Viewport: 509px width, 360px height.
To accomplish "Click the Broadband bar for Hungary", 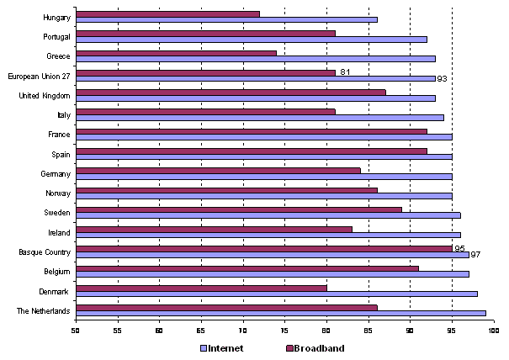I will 168,13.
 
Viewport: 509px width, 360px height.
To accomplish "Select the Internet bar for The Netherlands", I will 281,313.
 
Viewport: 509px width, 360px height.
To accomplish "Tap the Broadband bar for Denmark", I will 202,288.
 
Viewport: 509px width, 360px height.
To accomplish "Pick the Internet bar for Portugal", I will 252,39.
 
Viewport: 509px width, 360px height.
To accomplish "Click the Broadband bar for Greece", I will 177,53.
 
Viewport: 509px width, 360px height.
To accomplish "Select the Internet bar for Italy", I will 260,117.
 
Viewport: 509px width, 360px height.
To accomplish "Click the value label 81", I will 345,71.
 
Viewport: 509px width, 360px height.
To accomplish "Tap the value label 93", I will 441,79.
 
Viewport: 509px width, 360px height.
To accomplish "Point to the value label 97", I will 475,255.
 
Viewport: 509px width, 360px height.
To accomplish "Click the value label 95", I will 459,247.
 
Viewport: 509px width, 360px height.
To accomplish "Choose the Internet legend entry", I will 224,347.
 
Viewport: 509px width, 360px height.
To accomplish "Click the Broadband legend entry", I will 315,347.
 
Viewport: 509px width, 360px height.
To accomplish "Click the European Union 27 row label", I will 40,76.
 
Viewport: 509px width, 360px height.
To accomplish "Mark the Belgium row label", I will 56,271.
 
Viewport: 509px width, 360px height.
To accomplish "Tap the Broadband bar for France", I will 252,131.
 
